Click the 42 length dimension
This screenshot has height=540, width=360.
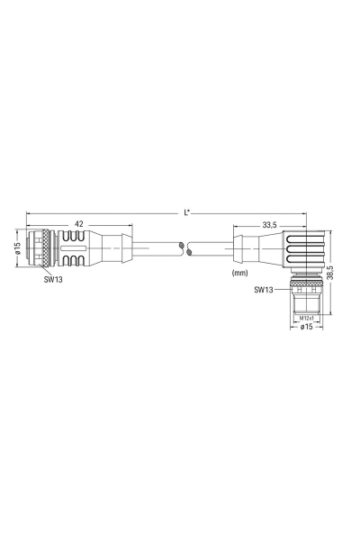coord(78,223)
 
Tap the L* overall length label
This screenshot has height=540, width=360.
coord(185,213)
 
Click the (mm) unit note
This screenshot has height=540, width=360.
coord(239,272)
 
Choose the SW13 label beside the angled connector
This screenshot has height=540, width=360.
coord(264,290)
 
